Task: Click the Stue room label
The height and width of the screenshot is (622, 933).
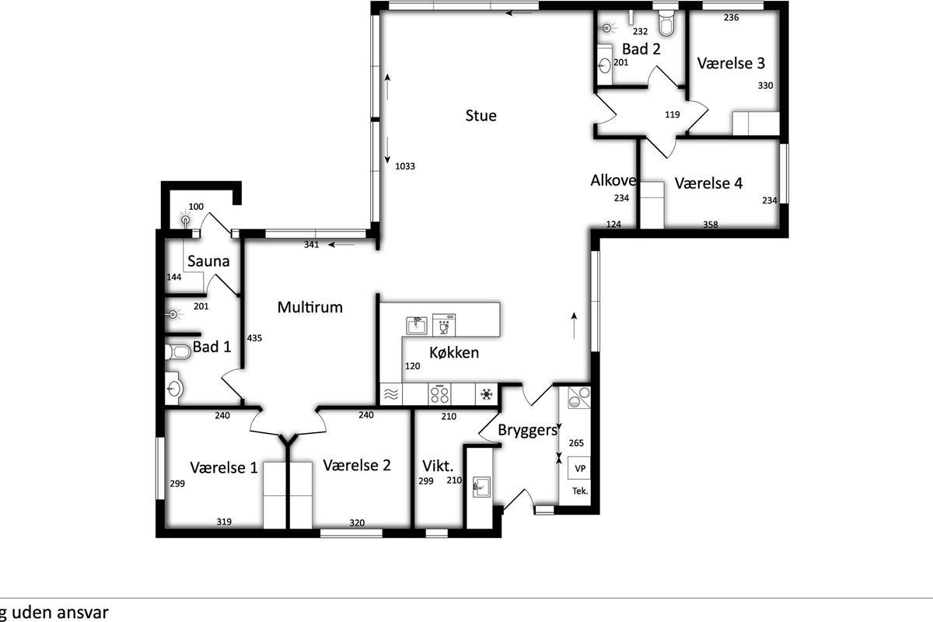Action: [481, 115]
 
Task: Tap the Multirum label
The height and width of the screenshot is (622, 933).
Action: [310, 307]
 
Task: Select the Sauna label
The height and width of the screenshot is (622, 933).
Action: [208, 261]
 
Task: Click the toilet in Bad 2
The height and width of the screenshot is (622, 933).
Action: [666, 23]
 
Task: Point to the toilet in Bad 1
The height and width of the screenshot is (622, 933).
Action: [178, 352]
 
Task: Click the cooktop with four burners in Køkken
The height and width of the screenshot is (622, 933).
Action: [439, 393]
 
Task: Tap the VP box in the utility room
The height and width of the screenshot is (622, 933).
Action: [580, 468]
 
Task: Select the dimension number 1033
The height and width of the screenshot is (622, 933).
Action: [405, 166]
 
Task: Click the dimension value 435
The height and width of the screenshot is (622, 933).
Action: [254, 338]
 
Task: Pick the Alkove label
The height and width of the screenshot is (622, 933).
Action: [613, 180]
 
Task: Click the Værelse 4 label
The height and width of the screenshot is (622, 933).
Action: [708, 183]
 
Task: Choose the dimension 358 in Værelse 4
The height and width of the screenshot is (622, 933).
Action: [711, 225]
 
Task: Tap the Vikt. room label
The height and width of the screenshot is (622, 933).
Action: [438, 466]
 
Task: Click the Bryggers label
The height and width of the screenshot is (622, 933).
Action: [528, 431]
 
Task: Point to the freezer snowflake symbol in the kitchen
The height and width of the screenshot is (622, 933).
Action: [487, 394]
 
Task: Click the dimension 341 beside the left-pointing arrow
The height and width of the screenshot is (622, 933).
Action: [312, 245]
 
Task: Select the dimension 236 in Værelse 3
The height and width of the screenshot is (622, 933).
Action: [732, 18]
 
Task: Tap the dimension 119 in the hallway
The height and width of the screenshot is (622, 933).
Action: [673, 114]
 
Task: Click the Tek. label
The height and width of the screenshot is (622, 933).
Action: [580, 491]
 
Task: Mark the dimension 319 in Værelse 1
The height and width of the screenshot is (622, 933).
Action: [224, 522]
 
